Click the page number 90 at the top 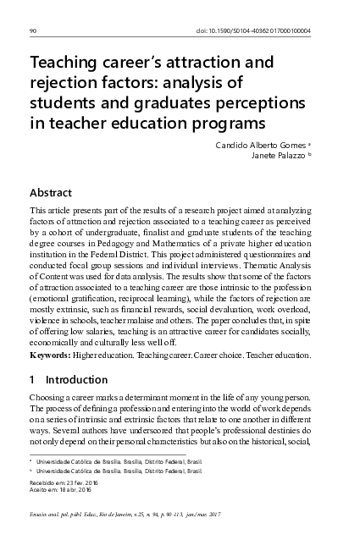coord(31,31)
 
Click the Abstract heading coord(51,193)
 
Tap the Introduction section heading coord(77,380)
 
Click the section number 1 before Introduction coord(32,380)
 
